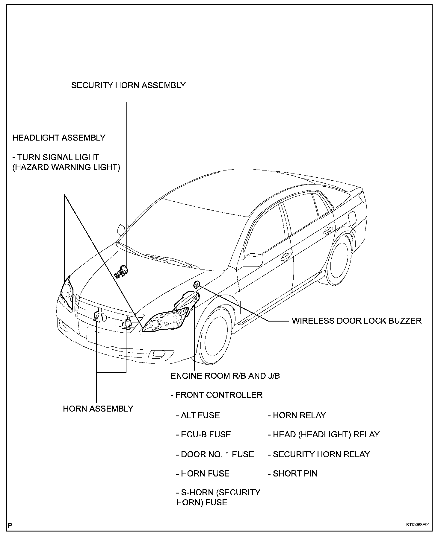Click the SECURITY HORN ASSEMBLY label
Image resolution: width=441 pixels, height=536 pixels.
tap(128, 86)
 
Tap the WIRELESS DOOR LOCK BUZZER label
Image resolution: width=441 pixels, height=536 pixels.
tap(357, 321)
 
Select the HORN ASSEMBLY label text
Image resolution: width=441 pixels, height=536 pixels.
tap(98, 409)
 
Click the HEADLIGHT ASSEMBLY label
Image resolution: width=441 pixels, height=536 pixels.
tap(59, 138)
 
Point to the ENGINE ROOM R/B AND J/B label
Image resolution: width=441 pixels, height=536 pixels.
tap(225, 376)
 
